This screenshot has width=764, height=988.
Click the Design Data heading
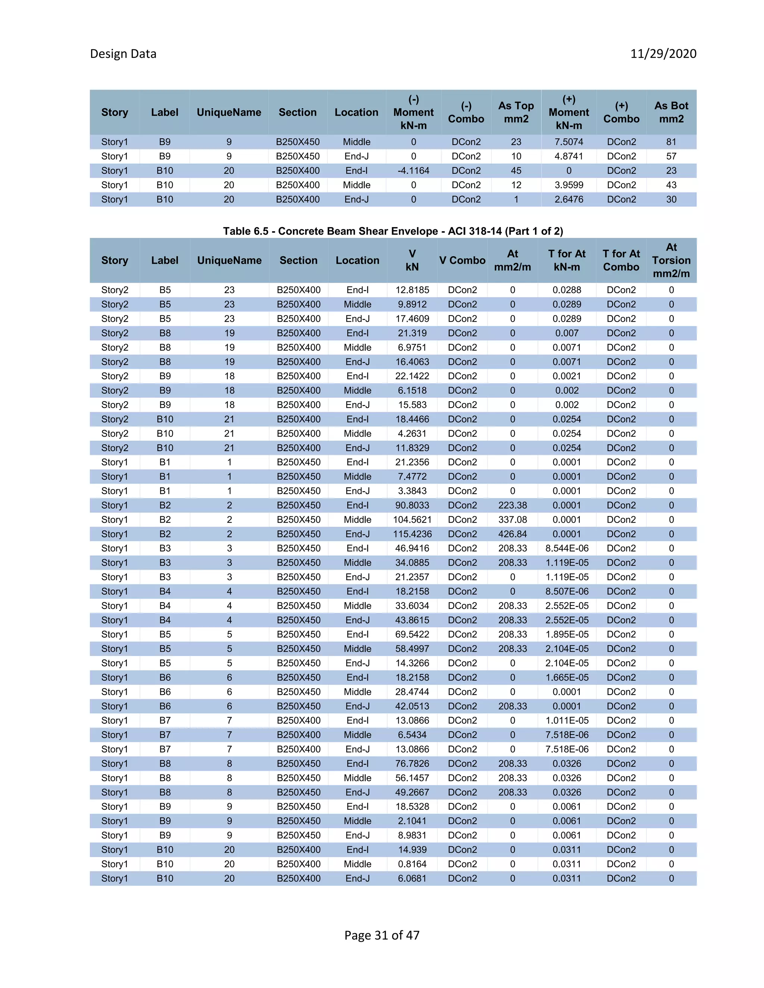pos(123,54)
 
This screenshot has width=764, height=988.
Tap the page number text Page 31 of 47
pos(382,935)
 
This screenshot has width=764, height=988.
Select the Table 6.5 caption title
pos(393,231)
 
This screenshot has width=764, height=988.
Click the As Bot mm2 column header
pos(671,112)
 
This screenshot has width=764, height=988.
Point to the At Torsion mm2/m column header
pos(671,260)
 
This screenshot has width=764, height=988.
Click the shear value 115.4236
pos(412,534)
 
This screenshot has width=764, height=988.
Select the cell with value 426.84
pos(512,534)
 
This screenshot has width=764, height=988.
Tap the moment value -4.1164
pos(413,170)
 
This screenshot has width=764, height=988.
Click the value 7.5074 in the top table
pos(569,142)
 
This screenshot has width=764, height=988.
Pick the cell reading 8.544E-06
pos(567,548)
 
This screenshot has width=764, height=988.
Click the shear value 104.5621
pos(412,520)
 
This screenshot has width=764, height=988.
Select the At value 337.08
pos(512,520)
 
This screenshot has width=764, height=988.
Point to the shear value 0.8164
pos(412,864)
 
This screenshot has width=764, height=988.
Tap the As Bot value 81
pos(671,142)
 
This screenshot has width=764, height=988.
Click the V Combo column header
pos(462,261)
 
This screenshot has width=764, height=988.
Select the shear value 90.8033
pos(412,505)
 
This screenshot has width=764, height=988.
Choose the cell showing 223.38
pos(512,505)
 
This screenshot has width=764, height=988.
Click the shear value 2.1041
pos(412,821)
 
